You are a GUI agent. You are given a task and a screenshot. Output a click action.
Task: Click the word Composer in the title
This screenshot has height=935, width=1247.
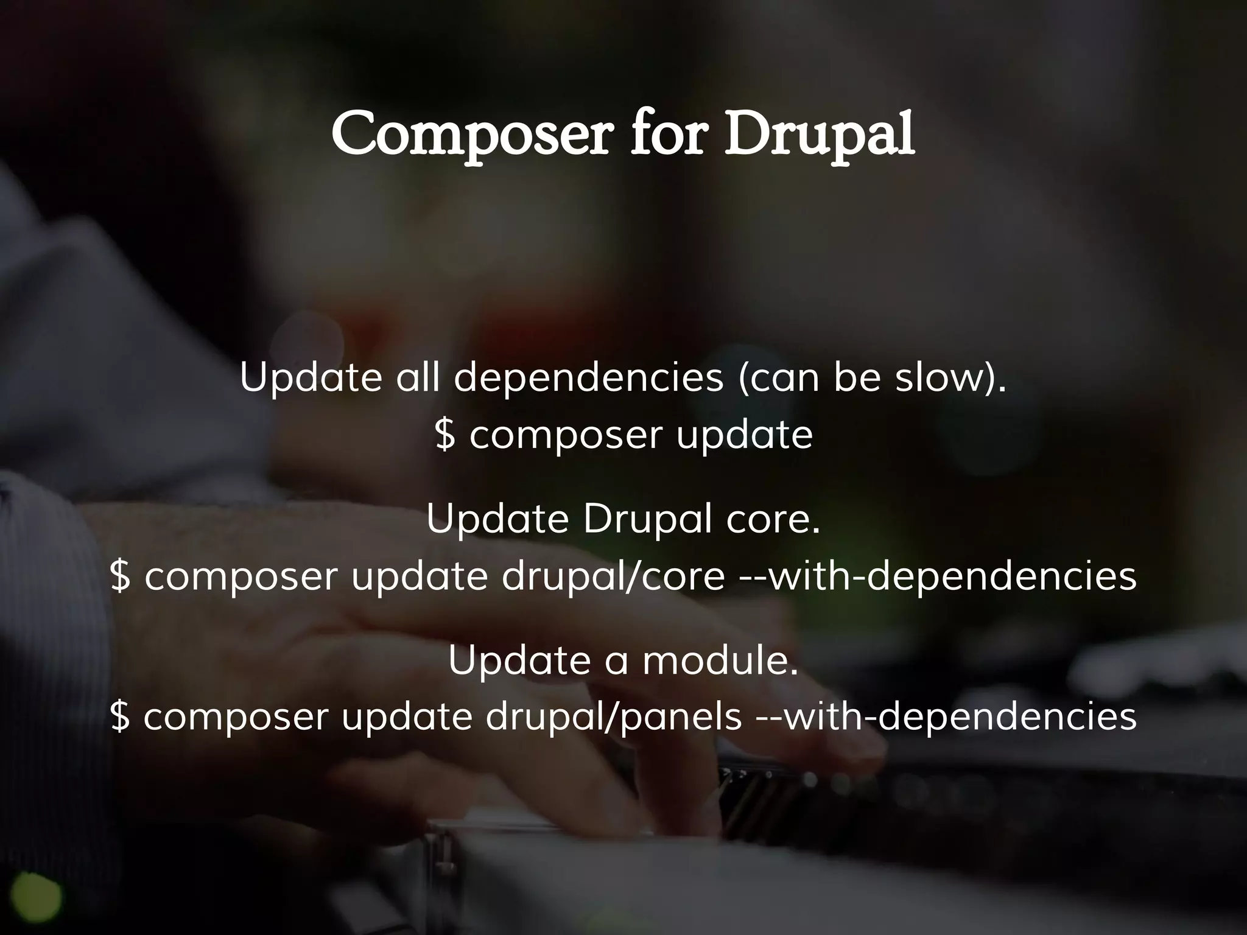click(x=469, y=135)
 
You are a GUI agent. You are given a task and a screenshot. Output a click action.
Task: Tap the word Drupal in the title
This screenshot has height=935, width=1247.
click(x=818, y=135)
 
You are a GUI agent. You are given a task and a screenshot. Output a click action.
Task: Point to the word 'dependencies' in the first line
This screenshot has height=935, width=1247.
click(x=588, y=378)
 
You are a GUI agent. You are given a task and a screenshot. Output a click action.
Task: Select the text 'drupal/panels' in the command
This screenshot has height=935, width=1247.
click(x=613, y=716)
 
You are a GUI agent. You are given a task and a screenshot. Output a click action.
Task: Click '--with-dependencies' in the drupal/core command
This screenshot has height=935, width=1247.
click(x=938, y=576)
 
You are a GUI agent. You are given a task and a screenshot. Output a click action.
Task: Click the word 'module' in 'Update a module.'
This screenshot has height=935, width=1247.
click(x=719, y=660)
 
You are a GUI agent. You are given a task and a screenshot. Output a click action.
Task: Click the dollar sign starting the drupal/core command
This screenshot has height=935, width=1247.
click(x=121, y=577)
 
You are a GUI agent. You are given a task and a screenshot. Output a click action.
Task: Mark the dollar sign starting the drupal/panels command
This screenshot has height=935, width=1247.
click(x=121, y=717)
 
